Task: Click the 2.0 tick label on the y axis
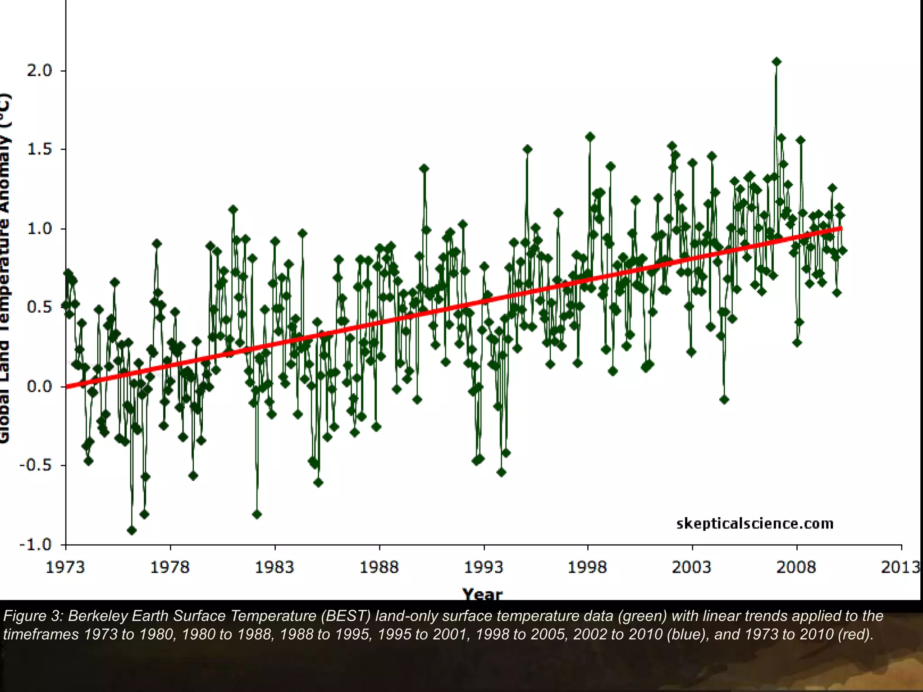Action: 39,71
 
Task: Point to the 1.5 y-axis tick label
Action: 39,150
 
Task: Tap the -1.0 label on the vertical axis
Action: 36,544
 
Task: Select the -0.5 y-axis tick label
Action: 36,465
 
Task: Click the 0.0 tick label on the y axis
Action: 39,387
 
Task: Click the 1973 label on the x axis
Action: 65,567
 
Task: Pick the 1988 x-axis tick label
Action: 379,567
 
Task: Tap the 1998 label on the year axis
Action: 587,567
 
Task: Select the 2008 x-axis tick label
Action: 796,567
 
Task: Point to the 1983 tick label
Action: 274,567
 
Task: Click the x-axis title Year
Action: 482,595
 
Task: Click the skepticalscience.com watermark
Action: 755,524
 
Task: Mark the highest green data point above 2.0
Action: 776,62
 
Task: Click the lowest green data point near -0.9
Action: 132,530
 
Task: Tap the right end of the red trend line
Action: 841,229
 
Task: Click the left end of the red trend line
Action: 67,386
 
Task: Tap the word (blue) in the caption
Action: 688,634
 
